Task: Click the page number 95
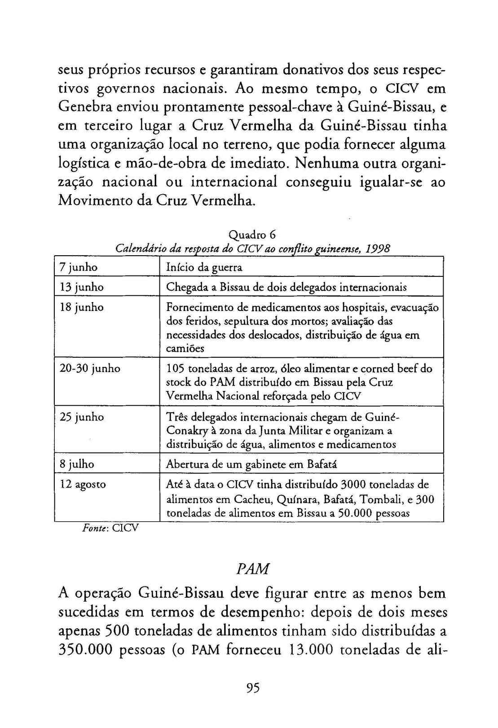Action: coord(253,688)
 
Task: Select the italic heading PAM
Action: coord(252,569)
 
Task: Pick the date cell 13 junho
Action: coord(81,287)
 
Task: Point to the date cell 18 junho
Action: coord(81,307)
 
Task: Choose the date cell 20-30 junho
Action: coord(90,368)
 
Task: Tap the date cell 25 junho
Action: coord(81,417)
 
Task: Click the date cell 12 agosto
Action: coord(83,484)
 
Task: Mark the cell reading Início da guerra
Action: coord(204,268)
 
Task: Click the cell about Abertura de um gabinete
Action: coord(251,464)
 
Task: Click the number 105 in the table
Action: coord(175,369)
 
